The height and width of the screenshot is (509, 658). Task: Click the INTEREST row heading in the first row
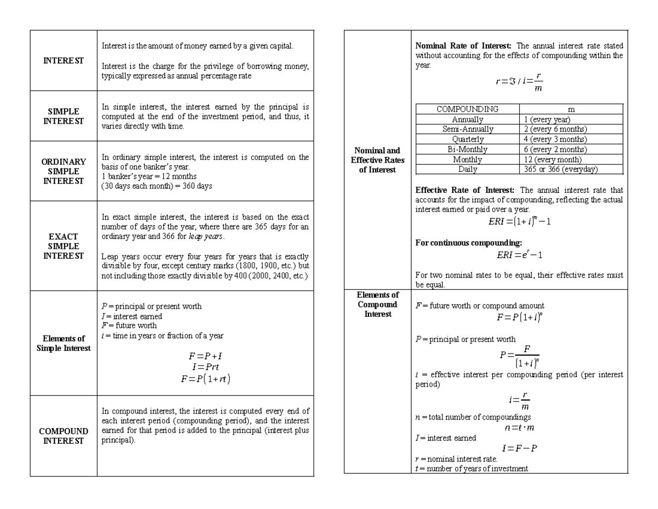64,60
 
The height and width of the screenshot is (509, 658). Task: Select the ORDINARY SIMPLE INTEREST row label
64,171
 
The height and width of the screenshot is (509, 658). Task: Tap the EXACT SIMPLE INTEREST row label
64,246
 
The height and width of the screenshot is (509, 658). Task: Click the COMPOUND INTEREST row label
64,436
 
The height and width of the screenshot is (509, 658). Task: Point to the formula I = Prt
206,367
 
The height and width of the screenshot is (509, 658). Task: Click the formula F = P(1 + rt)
206,379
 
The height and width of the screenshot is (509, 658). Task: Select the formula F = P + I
206,356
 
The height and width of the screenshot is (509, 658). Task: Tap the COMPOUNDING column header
467,109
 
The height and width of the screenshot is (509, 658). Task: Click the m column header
571,109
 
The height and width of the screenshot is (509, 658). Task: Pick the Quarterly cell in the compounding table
467,139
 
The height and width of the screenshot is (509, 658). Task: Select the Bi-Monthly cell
467,149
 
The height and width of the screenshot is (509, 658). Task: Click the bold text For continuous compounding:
469,243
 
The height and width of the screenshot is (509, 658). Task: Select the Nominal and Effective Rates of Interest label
377,160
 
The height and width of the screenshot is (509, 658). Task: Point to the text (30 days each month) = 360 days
157,186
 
